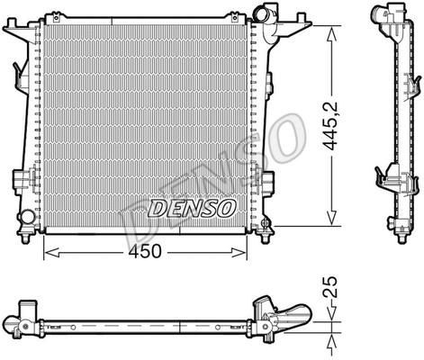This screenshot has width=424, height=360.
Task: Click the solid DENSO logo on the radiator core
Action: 191,209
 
